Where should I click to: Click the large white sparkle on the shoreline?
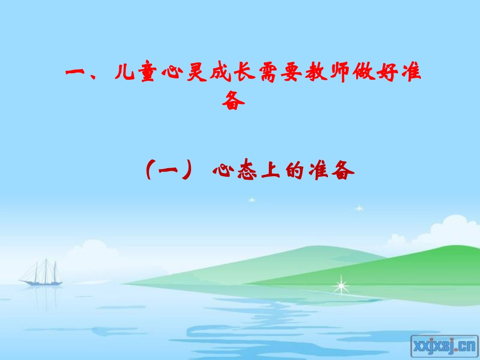tap(341, 286)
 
